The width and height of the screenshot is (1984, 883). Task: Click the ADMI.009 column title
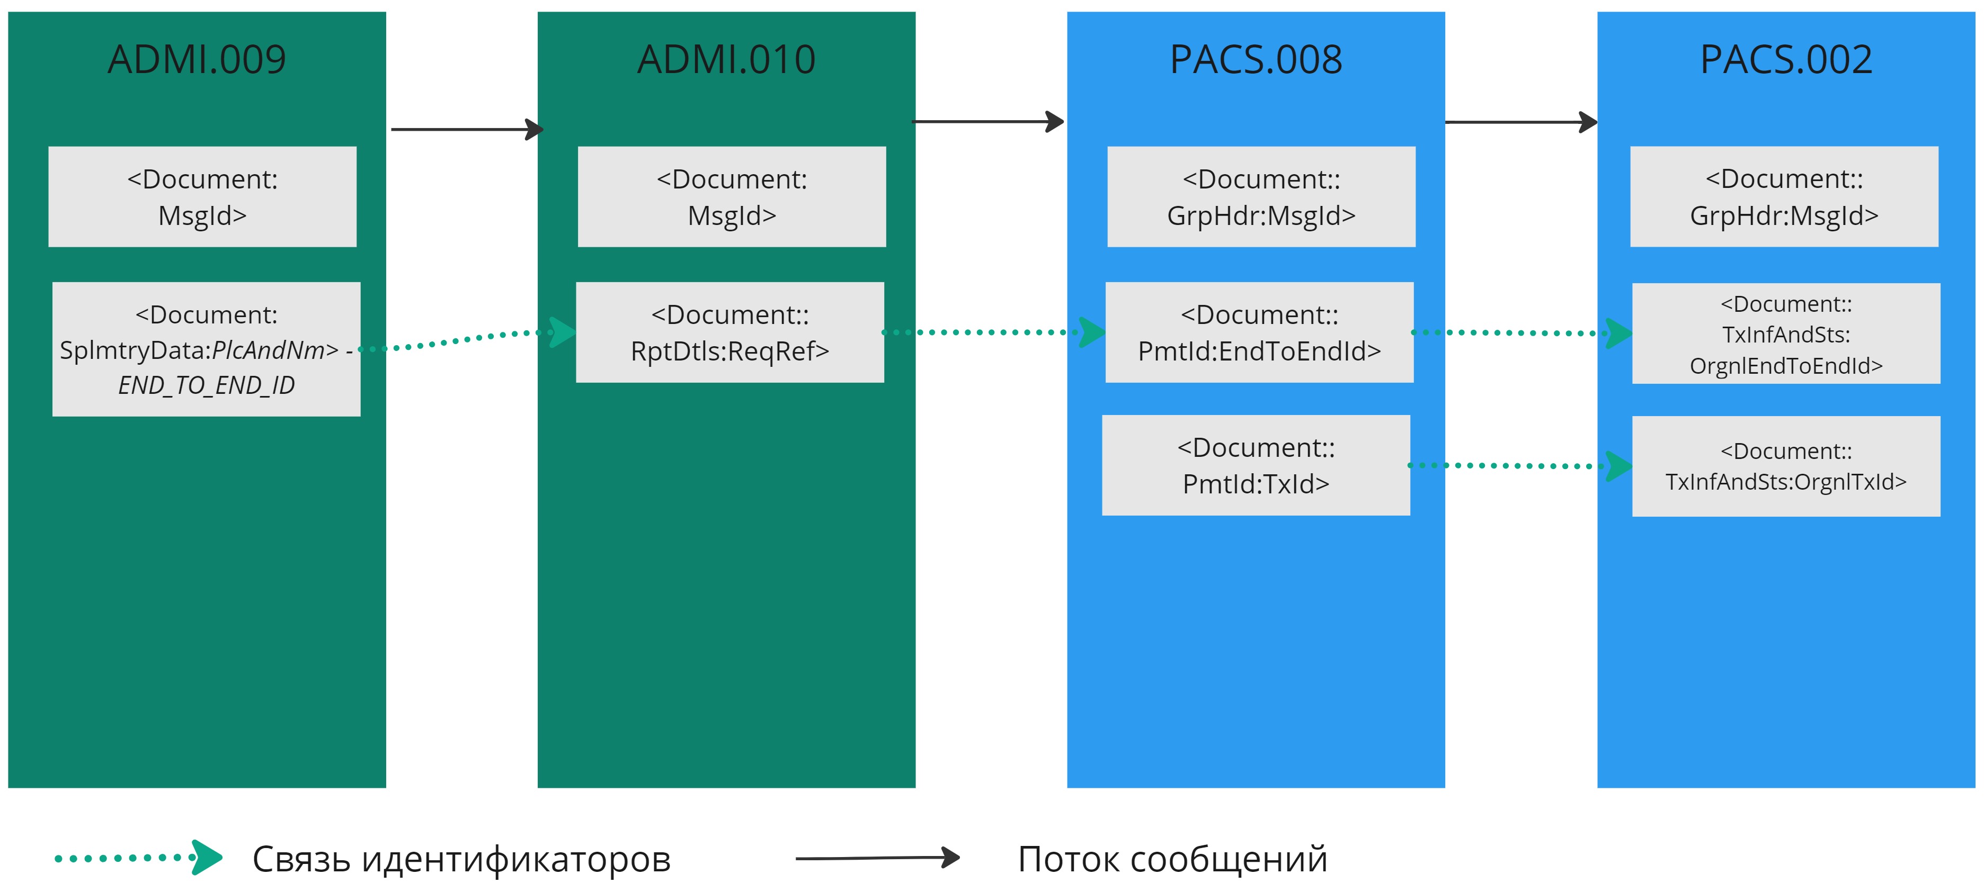[197, 59]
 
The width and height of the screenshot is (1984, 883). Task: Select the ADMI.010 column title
[726, 59]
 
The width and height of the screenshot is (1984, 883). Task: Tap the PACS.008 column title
[1256, 59]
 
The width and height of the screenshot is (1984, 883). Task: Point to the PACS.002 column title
[1785, 59]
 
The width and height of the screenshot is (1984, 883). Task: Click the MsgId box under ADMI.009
[202, 196]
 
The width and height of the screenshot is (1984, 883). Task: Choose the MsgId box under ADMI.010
[732, 196]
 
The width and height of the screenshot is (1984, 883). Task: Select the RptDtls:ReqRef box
[729, 332]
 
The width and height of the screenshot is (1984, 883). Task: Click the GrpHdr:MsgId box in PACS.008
[1261, 196]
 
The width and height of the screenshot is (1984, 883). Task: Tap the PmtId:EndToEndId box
[1259, 332]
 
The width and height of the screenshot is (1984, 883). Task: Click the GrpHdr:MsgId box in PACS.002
[1784, 196]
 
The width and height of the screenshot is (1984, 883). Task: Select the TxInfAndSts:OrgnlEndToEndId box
[1785, 334]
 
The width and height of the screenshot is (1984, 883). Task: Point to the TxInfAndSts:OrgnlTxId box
[1785, 466]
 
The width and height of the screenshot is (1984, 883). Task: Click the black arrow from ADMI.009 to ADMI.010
[466, 129]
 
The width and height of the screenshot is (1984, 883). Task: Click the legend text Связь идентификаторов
[461, 859]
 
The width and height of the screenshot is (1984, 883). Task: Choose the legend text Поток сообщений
[1172, 859]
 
